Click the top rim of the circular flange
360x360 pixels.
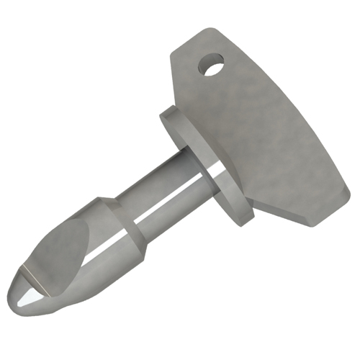[x=169, y=112]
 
